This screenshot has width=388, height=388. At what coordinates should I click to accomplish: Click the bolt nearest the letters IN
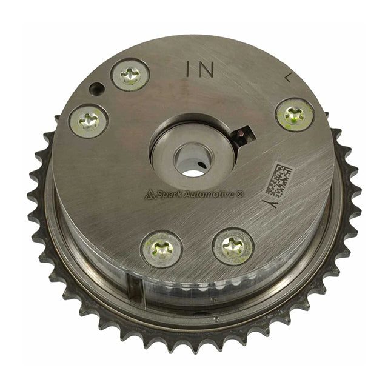coord(130,75)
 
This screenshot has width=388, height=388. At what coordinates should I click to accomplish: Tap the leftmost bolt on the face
coord(89,121)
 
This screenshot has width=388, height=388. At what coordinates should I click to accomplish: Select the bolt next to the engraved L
coord(295,114)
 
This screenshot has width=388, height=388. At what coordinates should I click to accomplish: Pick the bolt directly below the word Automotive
coord(233,246)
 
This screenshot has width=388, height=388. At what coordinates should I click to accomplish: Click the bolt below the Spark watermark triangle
coord(161,249)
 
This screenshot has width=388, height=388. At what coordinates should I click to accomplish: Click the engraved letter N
coord(206,70)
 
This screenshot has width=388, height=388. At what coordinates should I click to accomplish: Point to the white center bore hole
coord(193,166)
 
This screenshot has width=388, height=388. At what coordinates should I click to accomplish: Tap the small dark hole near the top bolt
coord(95,89)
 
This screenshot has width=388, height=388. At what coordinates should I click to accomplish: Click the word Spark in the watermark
coord(169,195)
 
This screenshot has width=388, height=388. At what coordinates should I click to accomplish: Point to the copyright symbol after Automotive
coord(241,193)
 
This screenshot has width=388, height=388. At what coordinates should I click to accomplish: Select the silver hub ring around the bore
coord(193,150)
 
